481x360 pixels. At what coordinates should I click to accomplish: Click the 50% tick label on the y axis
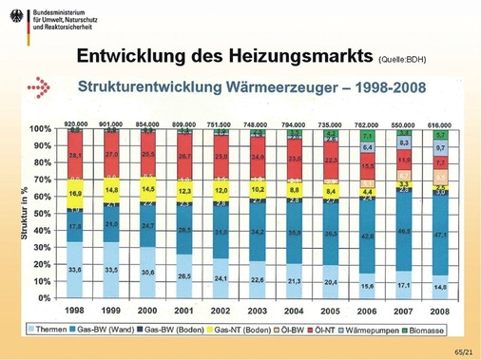pyautogui.click(x=40, y=213)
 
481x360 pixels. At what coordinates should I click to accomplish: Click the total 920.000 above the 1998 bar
pyautogui.click(x=73, y=123)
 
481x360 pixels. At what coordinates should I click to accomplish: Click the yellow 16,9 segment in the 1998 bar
pyautogui.click(x=73, y=191)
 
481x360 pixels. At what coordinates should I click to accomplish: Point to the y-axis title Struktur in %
pyautogui.click(x=19, y=213)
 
